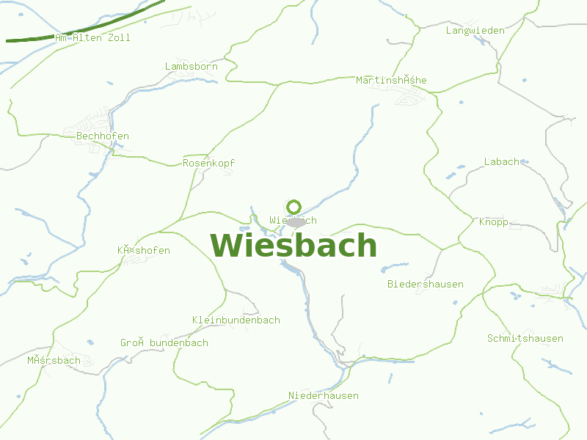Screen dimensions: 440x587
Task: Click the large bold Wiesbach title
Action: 293,246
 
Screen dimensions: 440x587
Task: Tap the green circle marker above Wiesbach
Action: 294,207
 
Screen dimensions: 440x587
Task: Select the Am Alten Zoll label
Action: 92,37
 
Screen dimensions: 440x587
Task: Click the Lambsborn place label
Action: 192,67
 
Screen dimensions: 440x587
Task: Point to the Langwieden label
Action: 475,30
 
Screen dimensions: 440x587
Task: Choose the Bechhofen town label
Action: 103,136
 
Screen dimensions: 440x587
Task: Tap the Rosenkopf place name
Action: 209,163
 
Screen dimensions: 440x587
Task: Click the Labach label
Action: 502,161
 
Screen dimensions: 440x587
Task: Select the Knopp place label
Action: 494,221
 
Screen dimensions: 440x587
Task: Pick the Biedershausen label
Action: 426,284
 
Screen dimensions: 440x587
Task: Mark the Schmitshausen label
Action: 525,338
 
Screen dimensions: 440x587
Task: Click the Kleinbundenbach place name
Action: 236,320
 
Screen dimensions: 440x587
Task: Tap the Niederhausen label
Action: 324,395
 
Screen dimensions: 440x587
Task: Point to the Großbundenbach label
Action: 164,342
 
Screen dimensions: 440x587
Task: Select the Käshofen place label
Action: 144,250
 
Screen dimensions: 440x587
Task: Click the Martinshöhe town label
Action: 391,80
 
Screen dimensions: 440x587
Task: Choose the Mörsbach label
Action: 54,360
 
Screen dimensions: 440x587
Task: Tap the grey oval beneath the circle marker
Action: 296,221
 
